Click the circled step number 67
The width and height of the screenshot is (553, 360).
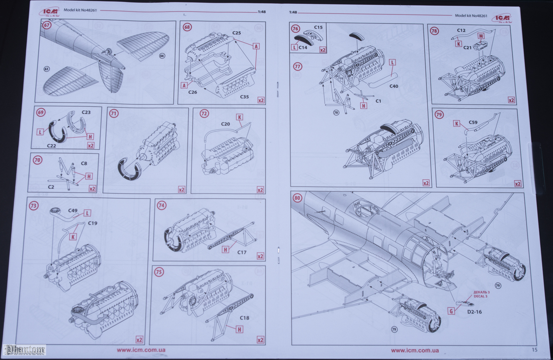click(46, 25)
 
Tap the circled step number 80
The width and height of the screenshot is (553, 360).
click(297, 198)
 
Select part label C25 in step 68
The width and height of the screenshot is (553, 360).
click(237, 33)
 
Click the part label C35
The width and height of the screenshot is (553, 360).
click(244, 97)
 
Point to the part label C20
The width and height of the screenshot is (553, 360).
click(226, 124)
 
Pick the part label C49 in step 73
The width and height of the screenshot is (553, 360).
click(73, 211)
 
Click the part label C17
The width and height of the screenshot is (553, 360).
click(242, 252)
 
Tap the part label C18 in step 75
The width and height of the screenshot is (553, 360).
click(244, 318)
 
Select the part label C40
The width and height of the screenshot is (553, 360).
click(394, 86)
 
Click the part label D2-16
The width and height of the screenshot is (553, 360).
click(474, 312)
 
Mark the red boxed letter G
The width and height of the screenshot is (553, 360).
click(452, 311)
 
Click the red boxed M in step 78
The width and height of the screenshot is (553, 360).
click(481, 36)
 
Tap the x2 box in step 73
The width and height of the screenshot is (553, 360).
click(139, 340)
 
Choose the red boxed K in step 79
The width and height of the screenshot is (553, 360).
click(457, 124)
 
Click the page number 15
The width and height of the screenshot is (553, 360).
click(535, 350)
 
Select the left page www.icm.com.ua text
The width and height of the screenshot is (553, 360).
click(141, 350)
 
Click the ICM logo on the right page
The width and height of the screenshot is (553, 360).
click(502, 18)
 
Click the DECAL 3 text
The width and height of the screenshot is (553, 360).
click(480, 296)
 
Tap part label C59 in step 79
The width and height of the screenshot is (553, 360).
click(473, 123)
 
